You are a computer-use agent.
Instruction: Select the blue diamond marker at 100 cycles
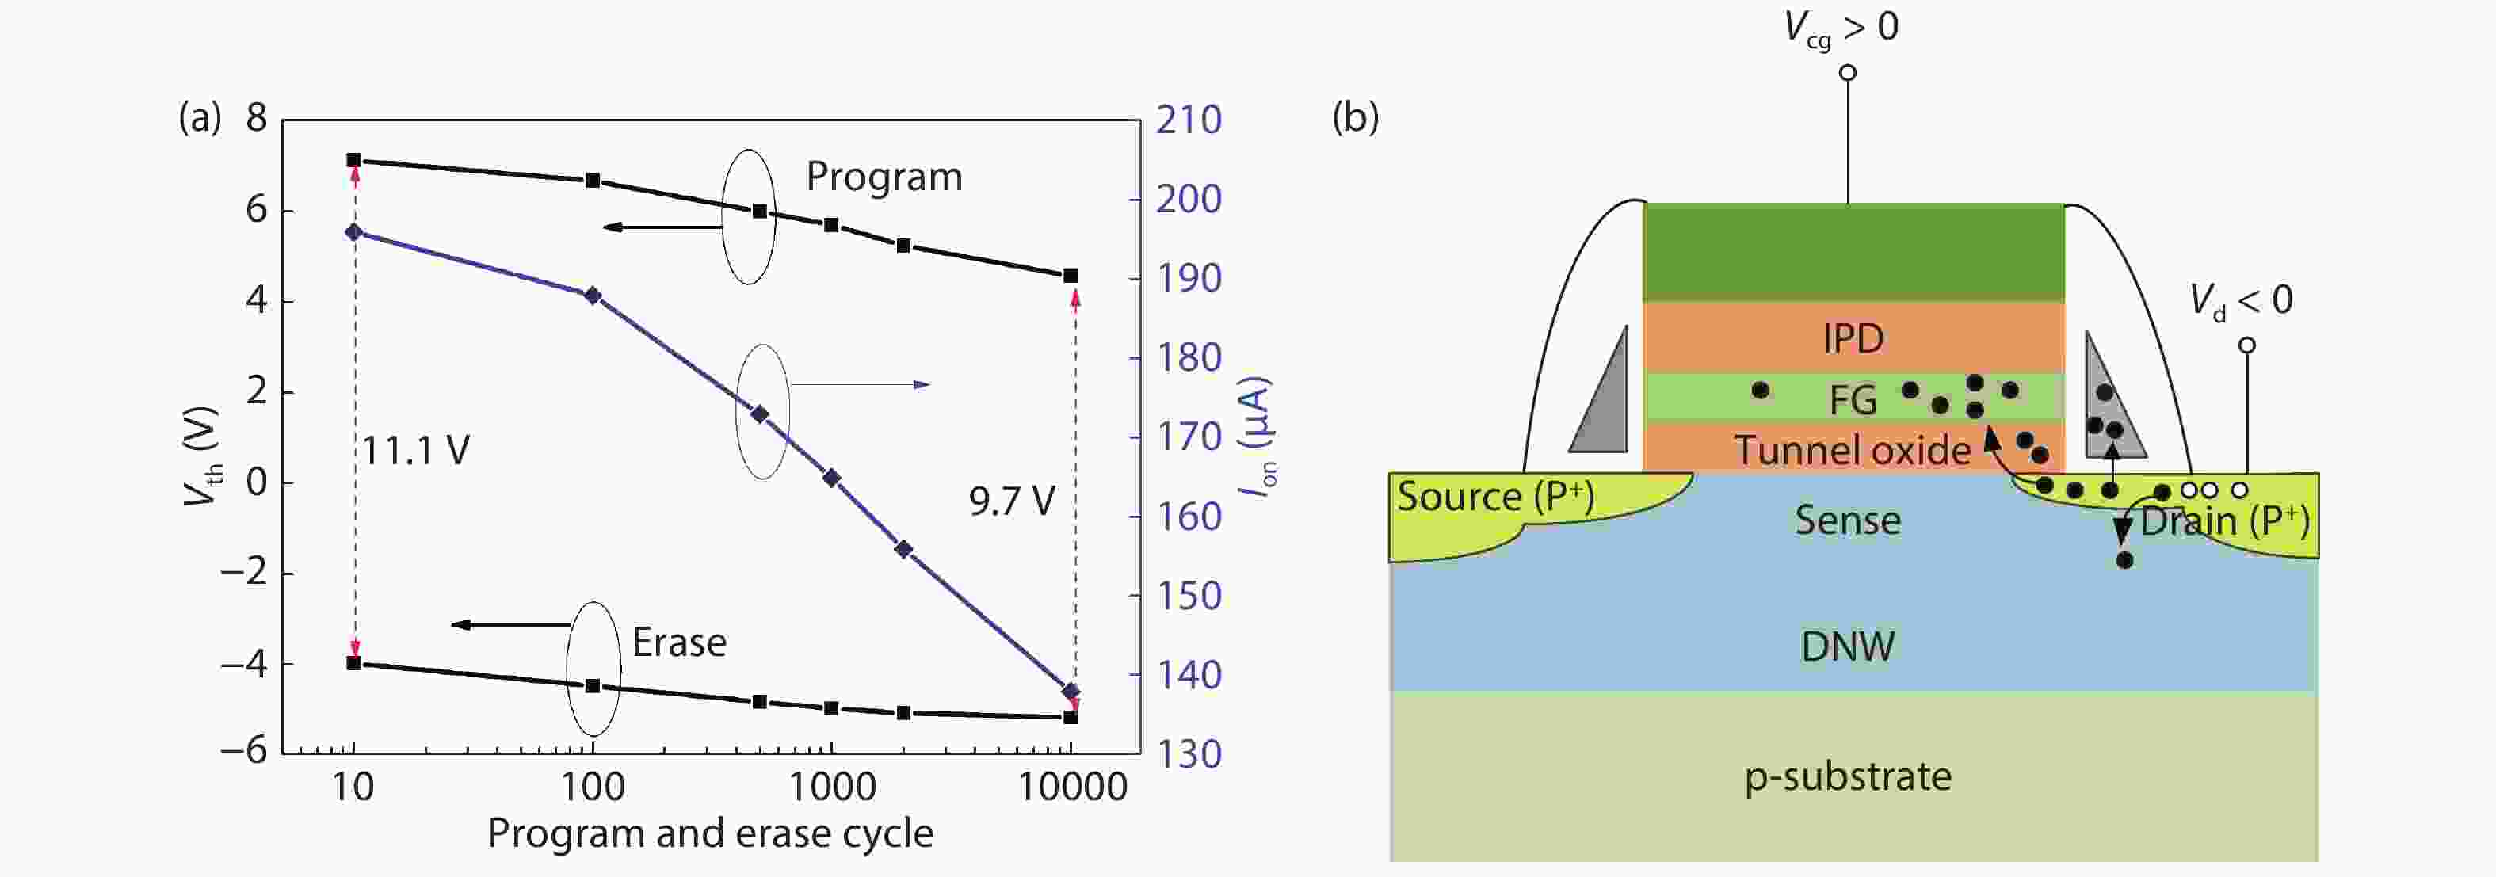[592, 296]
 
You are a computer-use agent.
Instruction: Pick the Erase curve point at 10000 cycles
[1071, 717]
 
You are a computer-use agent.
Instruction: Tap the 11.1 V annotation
[416, 452]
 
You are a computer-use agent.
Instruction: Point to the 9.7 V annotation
[1012, 501]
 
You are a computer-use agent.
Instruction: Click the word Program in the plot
[884, 177]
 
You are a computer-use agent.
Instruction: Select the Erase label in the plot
[678, 642]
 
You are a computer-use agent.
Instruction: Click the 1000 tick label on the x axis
[832, 786]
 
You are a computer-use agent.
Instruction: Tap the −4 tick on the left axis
[243, 665]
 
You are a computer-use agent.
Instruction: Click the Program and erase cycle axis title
[710, 833]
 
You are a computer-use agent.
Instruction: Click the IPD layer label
[1853, 338]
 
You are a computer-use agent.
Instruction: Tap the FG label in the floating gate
[1853, 399]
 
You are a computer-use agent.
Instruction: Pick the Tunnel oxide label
[1852, 451]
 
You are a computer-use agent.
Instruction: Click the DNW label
[1847, 646]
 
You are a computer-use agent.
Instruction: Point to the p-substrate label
[1848, 776]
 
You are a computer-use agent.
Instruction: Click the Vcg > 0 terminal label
[1840, 27]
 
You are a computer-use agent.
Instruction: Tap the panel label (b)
[1355, 117]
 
